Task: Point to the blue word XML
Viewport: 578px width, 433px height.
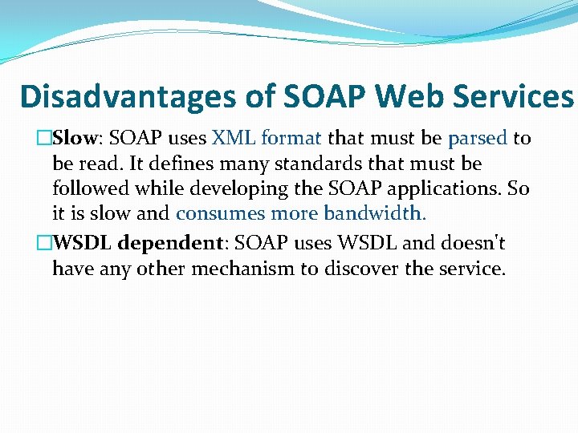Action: tap(232, 139)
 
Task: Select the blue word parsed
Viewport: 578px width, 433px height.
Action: tap(477, 139)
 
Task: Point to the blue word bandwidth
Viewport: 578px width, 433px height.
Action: tap(375, 215)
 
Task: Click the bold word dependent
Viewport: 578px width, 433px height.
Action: tap(172, 243)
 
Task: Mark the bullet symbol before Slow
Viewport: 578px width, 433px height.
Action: tap(45, 139)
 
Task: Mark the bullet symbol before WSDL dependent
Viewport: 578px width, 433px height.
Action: tap(45, 243)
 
